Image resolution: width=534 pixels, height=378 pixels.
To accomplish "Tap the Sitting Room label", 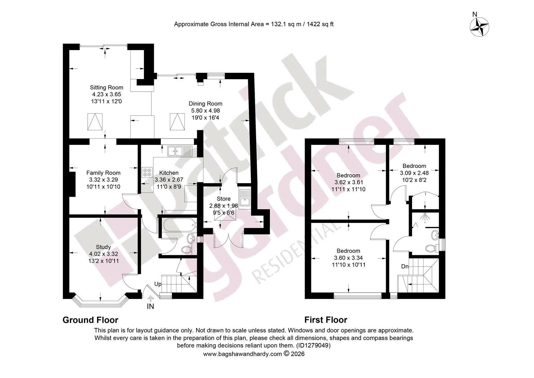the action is (x=107, y=87).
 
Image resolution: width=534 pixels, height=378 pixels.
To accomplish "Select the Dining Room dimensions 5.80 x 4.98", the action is (x=205, y=111).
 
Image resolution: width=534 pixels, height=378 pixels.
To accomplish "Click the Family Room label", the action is (x=103, y=173).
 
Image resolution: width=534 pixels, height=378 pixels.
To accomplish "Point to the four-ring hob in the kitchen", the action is (x=147, y=173).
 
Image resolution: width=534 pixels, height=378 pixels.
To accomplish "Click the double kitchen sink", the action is (x=180, y=151).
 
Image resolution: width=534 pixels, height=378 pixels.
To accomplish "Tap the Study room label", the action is (x=103, y=247).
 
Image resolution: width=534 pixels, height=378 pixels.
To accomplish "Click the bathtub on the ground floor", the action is (x=180, y=225).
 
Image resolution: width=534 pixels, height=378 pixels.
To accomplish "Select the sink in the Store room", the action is (x=244, y=198).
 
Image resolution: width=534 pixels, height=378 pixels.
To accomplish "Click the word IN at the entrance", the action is (x=150, y=306).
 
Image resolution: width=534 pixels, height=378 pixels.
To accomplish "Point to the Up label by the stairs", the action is (x=158, y=284).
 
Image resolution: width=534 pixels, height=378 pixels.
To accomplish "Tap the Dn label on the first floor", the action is (x=405, y=266).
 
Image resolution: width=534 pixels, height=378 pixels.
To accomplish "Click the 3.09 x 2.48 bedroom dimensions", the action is (x=414, y=173).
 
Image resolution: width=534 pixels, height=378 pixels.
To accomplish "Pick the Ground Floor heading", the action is (x=91, y=320).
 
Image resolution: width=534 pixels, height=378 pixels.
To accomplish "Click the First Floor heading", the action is (x=326, y=320).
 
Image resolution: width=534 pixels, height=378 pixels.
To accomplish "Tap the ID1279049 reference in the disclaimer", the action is (x=313, y=345).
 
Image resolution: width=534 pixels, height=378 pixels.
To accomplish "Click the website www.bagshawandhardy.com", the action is (x=243, y=354).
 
